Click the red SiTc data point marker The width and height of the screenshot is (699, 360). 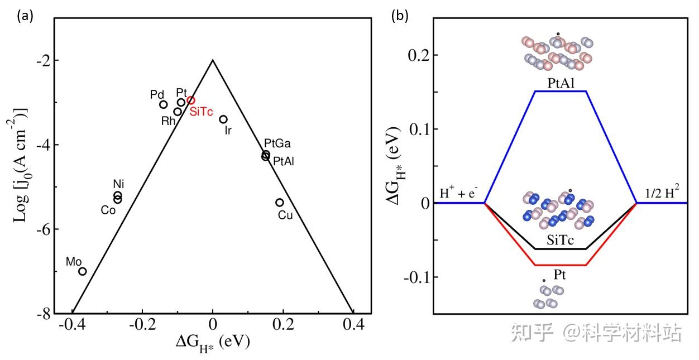(191, 100)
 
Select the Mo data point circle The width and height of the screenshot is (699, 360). (82, 271)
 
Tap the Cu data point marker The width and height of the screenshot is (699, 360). (280, 203)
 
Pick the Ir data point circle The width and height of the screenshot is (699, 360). (223, 119)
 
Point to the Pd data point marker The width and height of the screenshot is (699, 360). (163, 104)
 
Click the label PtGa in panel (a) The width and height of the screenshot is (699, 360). (277, 143)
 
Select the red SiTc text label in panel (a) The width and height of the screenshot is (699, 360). (201, 112)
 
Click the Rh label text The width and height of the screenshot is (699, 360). (168, 121)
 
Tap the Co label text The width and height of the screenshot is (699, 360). (108, 210)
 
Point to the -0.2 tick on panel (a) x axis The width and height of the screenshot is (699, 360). (142, 324)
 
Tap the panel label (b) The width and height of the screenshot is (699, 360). (399, 16)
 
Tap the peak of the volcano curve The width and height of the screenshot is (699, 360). (213, 60)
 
